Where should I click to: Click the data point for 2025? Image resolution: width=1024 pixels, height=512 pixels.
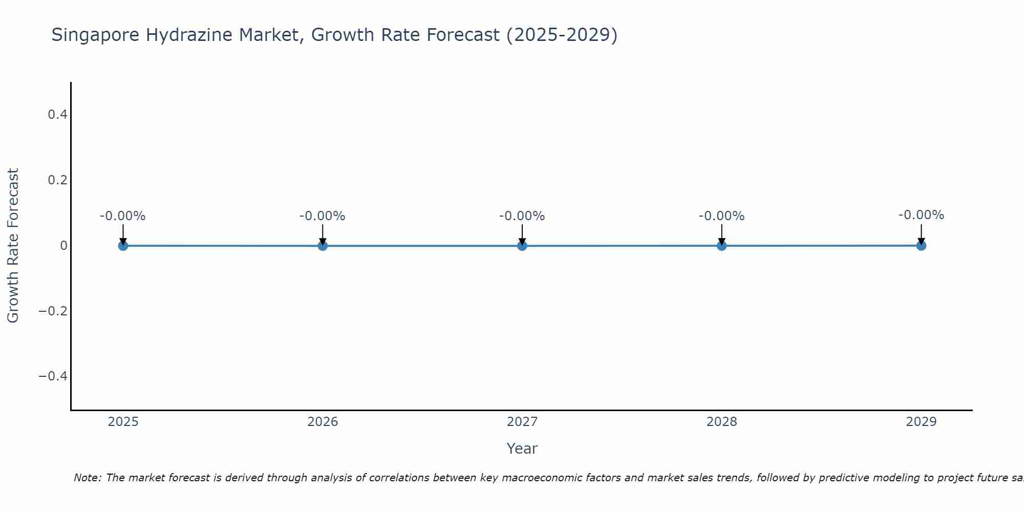[x=123, y=246]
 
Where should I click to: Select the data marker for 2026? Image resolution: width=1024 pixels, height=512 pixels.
[x=323, y=246]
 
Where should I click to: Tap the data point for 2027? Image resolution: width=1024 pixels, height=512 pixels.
[x=522, y=246]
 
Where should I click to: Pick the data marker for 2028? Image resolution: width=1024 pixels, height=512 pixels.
[x=721, y=246]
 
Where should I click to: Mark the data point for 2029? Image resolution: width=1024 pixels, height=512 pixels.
[x=921, y=246]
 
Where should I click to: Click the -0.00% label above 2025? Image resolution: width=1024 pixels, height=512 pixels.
[x=123, y=216]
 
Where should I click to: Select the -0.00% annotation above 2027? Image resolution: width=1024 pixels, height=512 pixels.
[x=522, y=216]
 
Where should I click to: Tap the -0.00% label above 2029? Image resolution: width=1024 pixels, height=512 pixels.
[x=921, y=215]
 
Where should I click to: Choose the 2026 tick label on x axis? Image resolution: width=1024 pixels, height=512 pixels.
[x=323, y=422]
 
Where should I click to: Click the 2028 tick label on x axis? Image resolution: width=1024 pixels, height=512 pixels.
[x=721, y=422]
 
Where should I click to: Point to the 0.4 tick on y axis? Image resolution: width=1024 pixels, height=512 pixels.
[x=57, y=115]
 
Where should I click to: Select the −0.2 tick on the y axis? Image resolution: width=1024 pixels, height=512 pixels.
[x=53, y=311]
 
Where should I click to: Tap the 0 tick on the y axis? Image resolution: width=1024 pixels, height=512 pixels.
[x=63, y=246]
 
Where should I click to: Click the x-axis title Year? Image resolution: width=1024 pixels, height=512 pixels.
[x=522, y=449]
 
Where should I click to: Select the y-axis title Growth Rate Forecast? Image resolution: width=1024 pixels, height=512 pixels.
[x=13, y=246]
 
